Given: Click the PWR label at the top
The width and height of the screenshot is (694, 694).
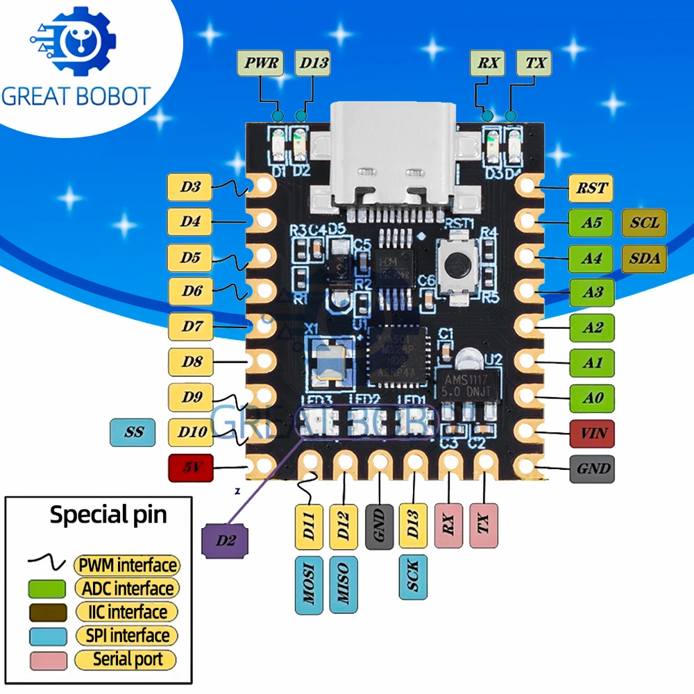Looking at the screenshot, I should [260, 64].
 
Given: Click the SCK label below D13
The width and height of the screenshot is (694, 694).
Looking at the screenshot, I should [414, 575].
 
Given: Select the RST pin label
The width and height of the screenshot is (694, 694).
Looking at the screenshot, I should [591, 187].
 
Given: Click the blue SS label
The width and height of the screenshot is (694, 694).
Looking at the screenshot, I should [133, 432].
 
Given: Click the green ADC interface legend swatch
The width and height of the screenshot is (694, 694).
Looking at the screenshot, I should [46, 589].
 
